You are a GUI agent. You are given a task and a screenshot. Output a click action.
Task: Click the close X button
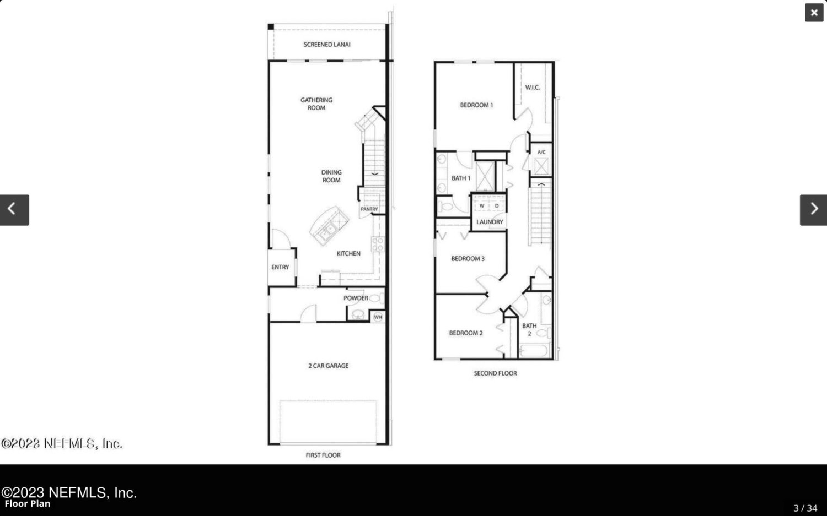tap(814, 13)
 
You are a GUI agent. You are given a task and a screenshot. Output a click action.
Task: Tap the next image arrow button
tap(813, 210)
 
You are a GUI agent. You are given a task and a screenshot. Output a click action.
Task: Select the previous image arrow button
tap(14, 210)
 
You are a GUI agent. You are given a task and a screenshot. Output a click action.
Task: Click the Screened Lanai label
tap(327, 45)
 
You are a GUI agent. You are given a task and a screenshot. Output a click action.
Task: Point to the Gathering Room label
tap(316, 104)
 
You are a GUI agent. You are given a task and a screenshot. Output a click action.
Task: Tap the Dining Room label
tap(331, 176)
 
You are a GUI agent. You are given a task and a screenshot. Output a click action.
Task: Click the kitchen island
tap(329, 225)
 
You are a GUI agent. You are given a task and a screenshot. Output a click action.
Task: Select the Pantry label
tap(369, 209)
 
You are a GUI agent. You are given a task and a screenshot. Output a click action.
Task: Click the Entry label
tap(280, 267)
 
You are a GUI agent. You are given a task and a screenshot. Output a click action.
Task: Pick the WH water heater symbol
tap(378, 317)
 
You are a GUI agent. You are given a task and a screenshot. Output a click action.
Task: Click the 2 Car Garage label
tap(328, 366)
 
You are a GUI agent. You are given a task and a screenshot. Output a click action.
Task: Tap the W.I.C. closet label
tap(533, 88)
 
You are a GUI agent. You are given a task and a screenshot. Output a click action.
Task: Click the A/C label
tap(541, 152)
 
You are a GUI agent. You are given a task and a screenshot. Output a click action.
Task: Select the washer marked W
tap(481, 206)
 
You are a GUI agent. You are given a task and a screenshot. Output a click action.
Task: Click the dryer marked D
tap(497, 206)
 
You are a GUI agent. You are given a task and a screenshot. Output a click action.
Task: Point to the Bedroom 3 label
tap(468, 259)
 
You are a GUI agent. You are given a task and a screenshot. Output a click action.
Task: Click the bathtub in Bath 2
tap(534, 350)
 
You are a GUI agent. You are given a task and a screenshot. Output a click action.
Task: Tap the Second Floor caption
tap(495, 373)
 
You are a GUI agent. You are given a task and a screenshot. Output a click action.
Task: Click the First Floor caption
tap(323, 455)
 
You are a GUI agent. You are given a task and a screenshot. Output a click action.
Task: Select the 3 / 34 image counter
tap(805, 508)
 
